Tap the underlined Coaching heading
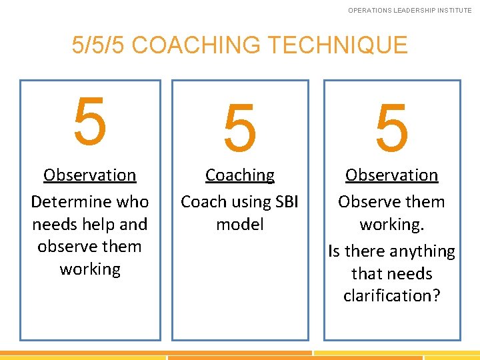(240, 175)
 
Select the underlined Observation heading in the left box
(89, 175)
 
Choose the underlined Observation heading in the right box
(391, 175)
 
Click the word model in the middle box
(240, 225)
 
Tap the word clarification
(391, 295)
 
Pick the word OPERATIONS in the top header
(369, 11)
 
